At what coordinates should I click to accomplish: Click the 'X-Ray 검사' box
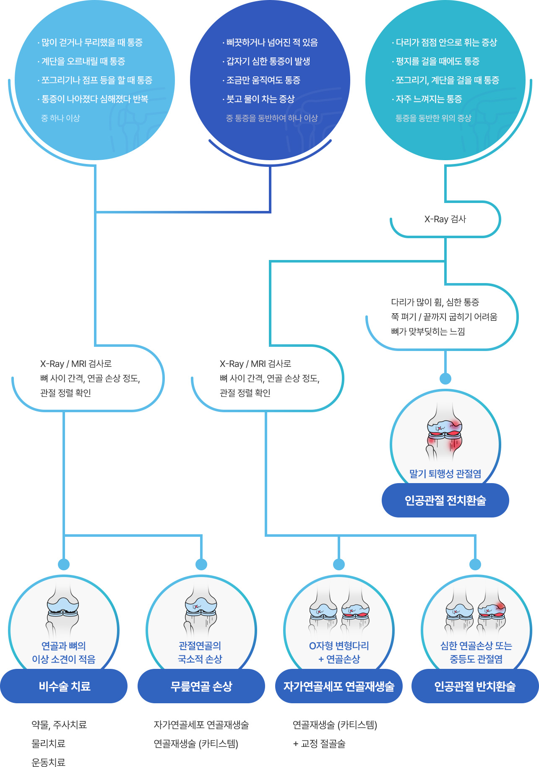pyautogui.click(x=445, y=219)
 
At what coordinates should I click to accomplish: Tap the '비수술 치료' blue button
pyautogui.click(x=64, y=686)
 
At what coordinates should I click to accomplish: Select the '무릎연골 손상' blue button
pyautogui.click(x=201, y=686)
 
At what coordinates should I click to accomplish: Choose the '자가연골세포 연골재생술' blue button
pyautogui.click(x=339, y=686)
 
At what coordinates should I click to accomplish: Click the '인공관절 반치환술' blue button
pyautogui.click(x=475, y=686)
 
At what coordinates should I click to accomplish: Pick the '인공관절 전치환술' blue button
pyautogui.click(x=445, y=500)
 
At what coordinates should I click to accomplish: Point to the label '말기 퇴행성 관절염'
pyautogui.click(x=445, y=474)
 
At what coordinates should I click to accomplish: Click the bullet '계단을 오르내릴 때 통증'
pyautogui.click(x=83, y=62)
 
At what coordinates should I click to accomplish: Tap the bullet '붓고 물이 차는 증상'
pyautogui.click(x=260, y=99)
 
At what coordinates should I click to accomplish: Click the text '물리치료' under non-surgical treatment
pyautogui.click(x=49, y=744)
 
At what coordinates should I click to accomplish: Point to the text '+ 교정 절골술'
pyautogui.click(x=319, y=744)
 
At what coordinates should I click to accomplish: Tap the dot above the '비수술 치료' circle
pyautogui.click(x=64, y=564)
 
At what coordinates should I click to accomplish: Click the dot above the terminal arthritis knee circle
pyautogui.click(x=445, y=379)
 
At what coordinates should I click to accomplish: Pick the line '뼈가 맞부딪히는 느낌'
pyautogui.click(x=428, y=332)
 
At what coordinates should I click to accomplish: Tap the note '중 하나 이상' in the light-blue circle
pyautogui.click(x=60, y=118)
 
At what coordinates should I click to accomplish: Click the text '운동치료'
pyautogui.click(x=49, y=762)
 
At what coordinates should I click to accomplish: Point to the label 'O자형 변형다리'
pyautogui.click(x=339, y=646)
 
